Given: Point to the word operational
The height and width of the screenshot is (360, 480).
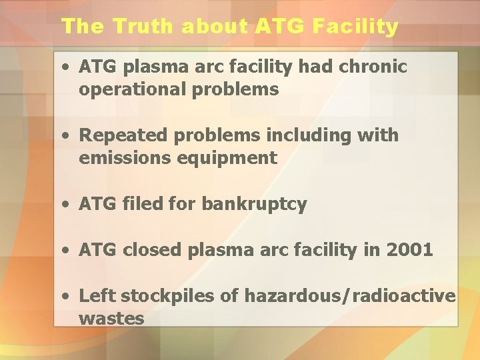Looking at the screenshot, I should tap(134, 89).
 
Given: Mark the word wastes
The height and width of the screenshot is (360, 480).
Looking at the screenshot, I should tap(111, 319).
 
